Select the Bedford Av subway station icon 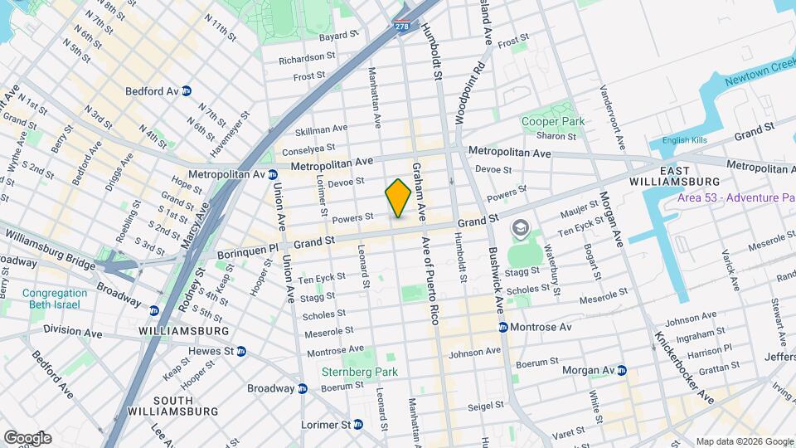(x=187, y=91)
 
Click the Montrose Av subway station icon (x=502, y=327)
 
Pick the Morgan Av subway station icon (x=621, y=370)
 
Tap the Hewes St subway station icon (x=241, y=351)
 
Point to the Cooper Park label (x=552, y=121)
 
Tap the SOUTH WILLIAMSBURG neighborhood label (x=172, y=406)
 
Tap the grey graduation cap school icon (x=521, y=227)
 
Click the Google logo (x=27, y=438)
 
